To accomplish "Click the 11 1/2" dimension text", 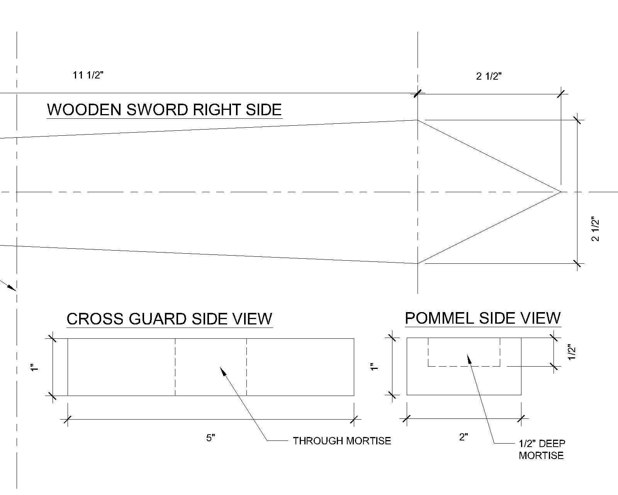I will (x=88, y=75).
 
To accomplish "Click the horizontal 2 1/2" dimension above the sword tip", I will (x=489, y=76).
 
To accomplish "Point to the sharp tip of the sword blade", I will (x=560, y=191).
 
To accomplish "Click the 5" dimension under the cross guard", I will (x=211, y=438).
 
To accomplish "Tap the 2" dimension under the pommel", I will (x=463, y=437).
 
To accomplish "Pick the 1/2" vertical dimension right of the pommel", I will (x=572, y=352).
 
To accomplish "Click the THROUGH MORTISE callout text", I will (x=342, y=441).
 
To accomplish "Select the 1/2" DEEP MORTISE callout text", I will (x=542, y=449).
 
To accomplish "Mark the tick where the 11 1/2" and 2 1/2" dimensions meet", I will (x=418, y=93).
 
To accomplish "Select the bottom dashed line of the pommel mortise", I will (x=463, y=366).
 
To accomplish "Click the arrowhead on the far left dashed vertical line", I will (x=12, y=287).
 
